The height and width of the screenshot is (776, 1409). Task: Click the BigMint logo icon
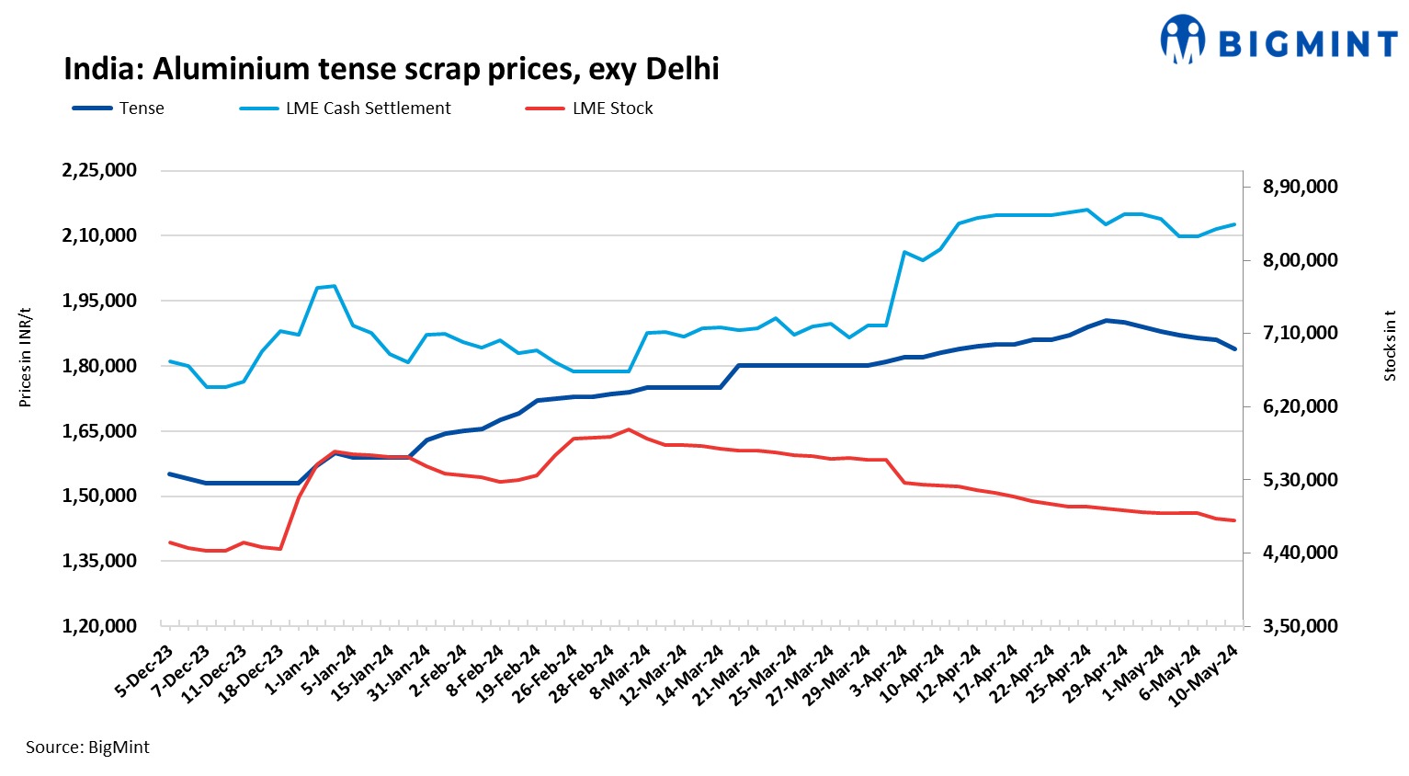click(x=1182, y=40)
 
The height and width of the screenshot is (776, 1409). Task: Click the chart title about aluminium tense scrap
click(x=391, y=69)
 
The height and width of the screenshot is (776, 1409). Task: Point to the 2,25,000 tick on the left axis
click(x=99, y=170)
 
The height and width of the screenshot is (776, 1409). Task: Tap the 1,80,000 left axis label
click(x=99, y=366)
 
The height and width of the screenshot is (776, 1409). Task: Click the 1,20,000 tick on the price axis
click(x=99, y=626)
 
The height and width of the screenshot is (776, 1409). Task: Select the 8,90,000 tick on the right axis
click(x=1301, y=187)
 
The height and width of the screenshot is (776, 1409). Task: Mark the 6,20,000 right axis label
click(x=1301, y=406)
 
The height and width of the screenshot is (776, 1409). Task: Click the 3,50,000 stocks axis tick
click(x=1301, y=626)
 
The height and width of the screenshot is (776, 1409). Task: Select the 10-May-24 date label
click(x=1204, y=676)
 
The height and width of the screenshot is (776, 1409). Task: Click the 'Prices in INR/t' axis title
click(x=25, y=357)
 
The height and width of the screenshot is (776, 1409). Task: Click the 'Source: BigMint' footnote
click(x=87, y=747)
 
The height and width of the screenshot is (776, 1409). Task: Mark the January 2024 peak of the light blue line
click(x=334, y=286)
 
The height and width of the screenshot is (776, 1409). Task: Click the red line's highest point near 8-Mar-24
click(x=629, y=429)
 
